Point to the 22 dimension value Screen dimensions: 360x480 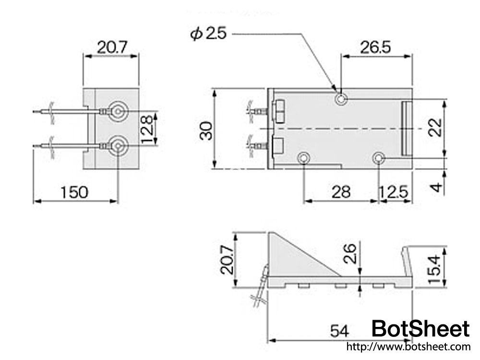[435, 128]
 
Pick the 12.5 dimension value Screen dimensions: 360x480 [394, 192]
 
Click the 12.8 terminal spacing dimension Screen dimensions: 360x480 [148, 128]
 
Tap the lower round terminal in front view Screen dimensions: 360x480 [118, 145]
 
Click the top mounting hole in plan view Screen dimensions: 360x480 [341, 99]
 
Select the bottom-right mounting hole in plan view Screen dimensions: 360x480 [379, 158]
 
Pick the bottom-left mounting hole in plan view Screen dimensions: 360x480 [304, 158]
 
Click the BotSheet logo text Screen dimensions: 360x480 [420, 329]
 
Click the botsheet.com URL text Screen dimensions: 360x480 [408, 347]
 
